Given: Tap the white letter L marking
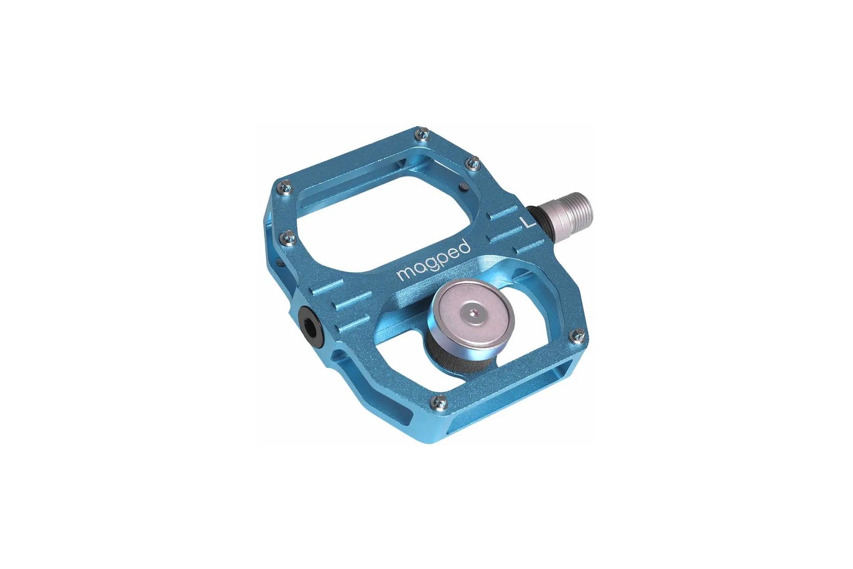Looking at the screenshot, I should [x=528, y=222].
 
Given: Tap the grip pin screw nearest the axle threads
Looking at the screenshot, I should [x=474, y=162].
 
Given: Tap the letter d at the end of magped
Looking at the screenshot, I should [x=464, y=246].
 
